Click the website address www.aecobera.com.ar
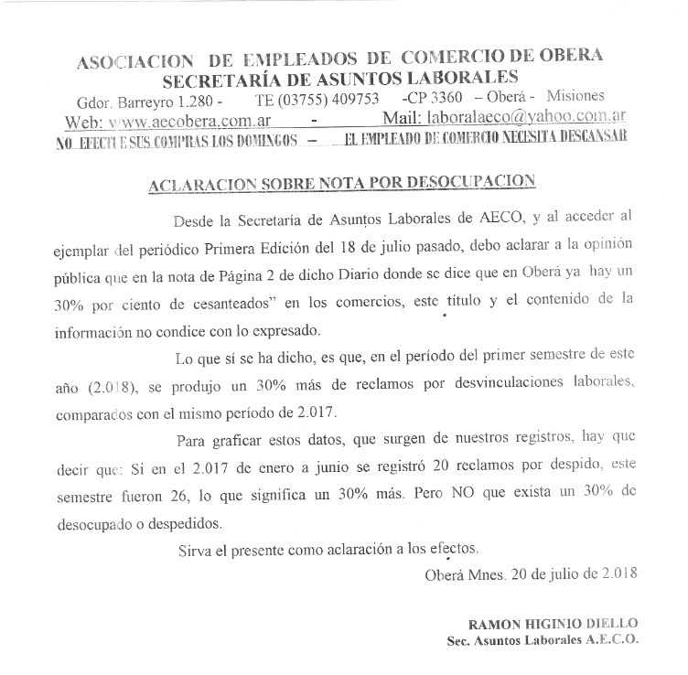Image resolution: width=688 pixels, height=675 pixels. pos(185,120)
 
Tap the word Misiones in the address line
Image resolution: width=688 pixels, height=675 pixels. pos(576,97)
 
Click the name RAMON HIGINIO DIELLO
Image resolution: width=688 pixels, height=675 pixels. pos(553,623)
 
